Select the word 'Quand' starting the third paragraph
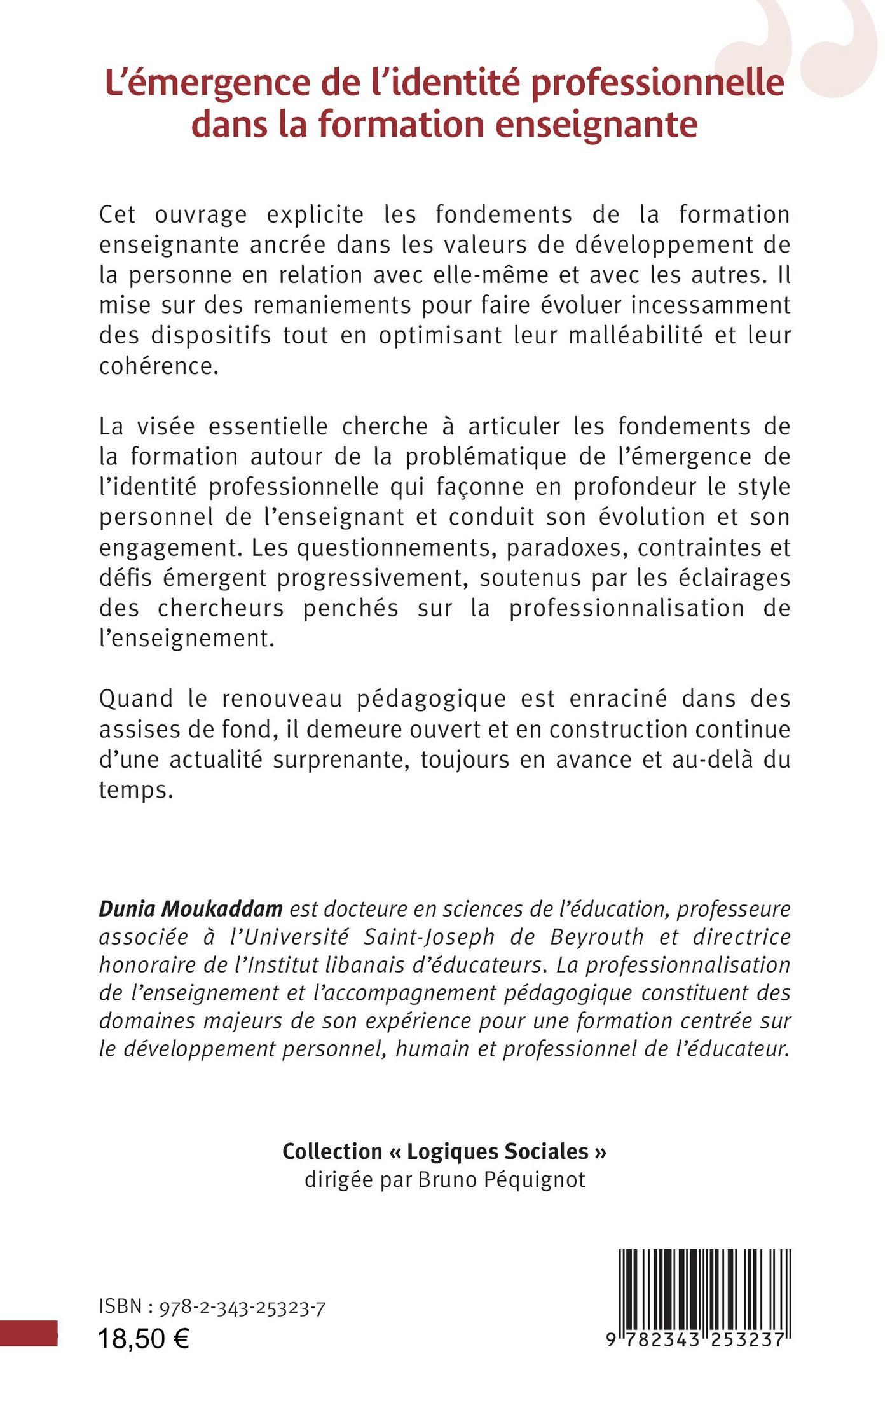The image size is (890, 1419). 136,698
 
